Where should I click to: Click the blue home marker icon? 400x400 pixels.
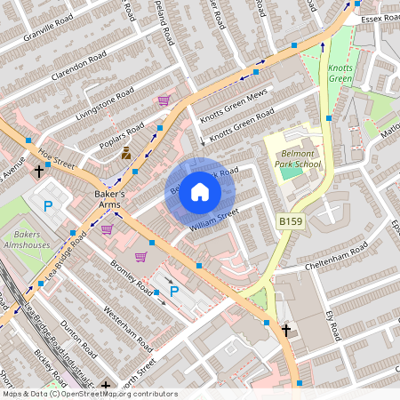pos(200,192)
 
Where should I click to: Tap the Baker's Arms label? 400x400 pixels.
pos(113,200)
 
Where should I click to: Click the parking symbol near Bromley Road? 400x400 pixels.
pos(174,291)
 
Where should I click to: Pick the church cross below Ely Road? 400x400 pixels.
pos(285,330)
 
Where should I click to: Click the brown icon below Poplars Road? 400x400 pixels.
pos(126,153)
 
